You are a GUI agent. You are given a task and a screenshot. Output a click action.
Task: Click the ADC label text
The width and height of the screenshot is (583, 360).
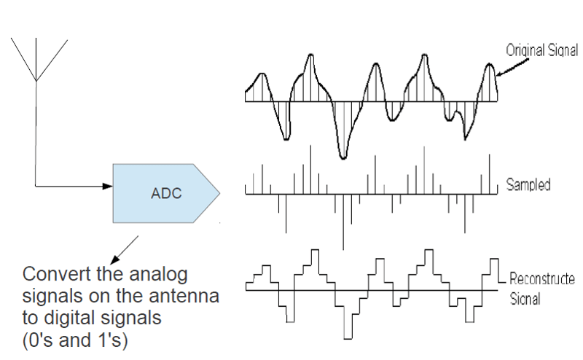click(x=166, y=193)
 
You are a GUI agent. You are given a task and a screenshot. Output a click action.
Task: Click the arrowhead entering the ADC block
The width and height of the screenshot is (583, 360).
click(x=107, y=186)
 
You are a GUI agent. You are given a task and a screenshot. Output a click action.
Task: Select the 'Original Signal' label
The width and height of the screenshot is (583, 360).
click(x=541, y=50)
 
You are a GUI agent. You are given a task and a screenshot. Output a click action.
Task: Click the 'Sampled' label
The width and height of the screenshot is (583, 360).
click(x=528, y=184)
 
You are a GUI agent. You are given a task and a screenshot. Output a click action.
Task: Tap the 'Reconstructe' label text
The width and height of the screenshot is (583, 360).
click(x=541, y=278)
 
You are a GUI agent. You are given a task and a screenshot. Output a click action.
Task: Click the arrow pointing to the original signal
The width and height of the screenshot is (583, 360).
click(x=512, y=68)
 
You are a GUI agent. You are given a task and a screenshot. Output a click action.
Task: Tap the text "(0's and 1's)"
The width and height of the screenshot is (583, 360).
click(x=75, y=340)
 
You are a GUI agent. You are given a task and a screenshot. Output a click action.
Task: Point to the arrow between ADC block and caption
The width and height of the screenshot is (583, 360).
click(x=125, y=249)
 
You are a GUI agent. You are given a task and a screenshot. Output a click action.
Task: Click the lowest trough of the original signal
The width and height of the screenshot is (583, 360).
click(x=343, y=157)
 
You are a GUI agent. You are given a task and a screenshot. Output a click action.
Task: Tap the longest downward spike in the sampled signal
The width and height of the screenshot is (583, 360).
click(x=343, y=222)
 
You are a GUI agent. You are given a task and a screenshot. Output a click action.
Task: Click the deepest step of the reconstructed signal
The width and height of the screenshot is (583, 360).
click(x=348, y=338)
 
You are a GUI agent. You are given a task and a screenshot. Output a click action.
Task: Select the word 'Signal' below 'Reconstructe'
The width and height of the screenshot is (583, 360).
click(x=525, y=299)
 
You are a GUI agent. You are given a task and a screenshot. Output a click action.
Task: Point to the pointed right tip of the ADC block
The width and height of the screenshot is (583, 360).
click(x=220, y=193)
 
